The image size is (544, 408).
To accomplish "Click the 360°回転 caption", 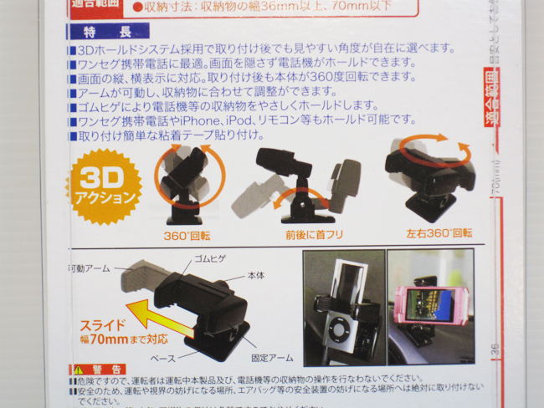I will tap(187, 235).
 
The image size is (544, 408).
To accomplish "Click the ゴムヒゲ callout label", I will tap(209, 260).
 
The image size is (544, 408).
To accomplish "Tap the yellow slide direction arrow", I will tap(176, 318).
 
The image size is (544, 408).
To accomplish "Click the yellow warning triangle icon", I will tap(78, 370).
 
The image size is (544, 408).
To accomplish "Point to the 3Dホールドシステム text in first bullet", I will tap(131, 49).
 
